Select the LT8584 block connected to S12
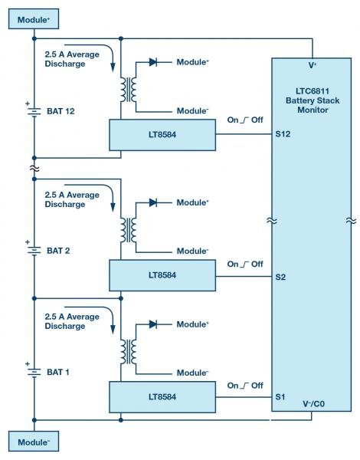163,136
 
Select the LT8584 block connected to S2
163,275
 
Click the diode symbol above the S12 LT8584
152,62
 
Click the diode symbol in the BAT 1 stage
152,324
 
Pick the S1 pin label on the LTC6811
281,397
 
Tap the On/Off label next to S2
244,264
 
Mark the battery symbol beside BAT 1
35,372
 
